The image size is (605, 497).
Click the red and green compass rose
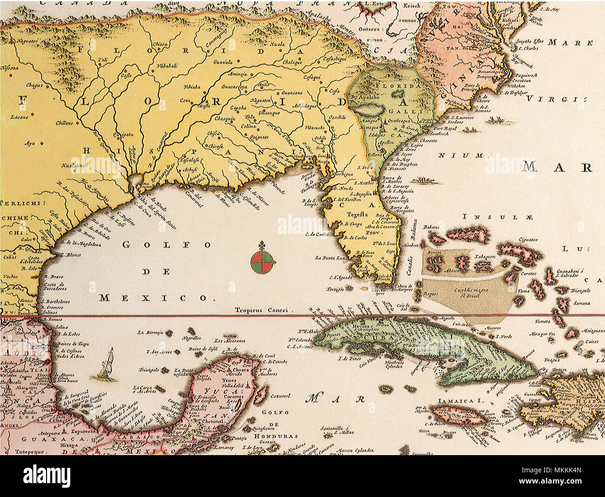click(x=262, y=262)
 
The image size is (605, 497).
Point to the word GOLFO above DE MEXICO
click(x=167, y=244)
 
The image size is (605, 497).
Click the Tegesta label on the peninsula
click(x=357, y=215)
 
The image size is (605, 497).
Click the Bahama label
click(x=431, y=228)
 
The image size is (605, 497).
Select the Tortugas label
click(x=335, y=289)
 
